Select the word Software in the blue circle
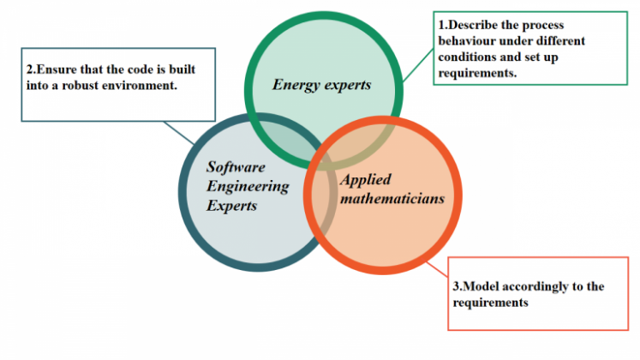point(236,166)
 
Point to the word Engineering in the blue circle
point(248,187)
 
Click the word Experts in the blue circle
point(231,206)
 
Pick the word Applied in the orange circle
point(366,180)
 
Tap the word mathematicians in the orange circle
point(392,198)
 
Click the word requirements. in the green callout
point(477,74)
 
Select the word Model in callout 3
point(481,286)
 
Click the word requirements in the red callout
point(491,303)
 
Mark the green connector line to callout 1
point(418,66)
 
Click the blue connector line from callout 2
point(179,133)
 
